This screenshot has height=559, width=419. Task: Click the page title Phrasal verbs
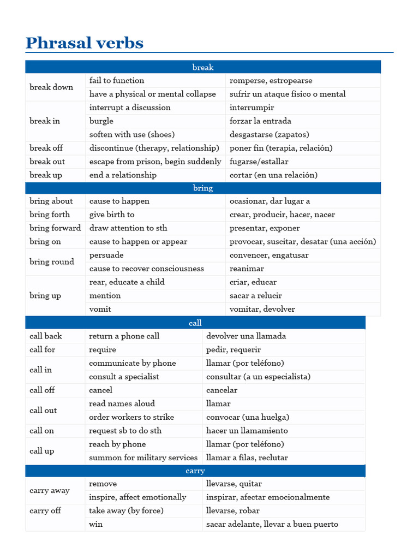[x=85, y=43]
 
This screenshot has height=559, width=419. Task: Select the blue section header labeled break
[x=203, y=67]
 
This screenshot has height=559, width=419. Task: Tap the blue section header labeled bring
[x=203, y=188]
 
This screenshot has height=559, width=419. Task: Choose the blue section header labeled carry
[x=195, y=471]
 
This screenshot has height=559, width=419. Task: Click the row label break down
[x=51, y=87]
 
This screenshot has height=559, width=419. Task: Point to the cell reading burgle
[x=101, y=121]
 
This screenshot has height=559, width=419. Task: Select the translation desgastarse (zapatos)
[x=269, y=134]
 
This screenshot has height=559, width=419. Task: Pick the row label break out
[x=47, y=162]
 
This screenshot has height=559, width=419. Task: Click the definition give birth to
[x=112, y=215]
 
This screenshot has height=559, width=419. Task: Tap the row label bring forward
[x=55, y=228]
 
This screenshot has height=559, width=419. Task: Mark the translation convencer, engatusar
[x=269, y=255]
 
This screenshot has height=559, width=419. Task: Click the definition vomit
[x=100, y=309]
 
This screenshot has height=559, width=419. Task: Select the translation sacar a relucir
[x=256, y=295]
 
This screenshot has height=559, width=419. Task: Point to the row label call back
[x=46, y=336]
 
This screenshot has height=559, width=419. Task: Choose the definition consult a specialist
[x=124, y=377]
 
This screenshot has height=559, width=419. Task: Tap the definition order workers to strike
[x=131, y=417]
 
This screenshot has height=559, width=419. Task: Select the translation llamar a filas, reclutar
[x=247, y=457]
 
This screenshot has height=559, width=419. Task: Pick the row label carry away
[x=50, y=491]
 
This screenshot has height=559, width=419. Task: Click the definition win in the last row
[x=96, y=524]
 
